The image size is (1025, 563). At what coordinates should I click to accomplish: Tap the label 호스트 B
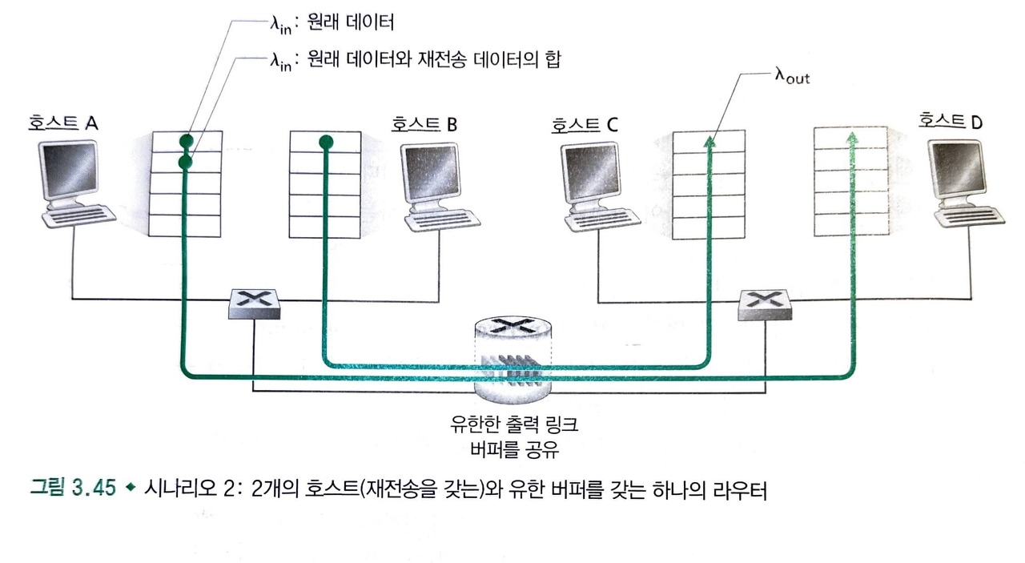coord(424,124)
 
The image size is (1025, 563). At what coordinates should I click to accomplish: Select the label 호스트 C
coord(584,125)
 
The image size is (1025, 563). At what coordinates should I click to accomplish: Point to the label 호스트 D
coord(951,120)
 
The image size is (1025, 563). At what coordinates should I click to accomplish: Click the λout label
coord(792,77)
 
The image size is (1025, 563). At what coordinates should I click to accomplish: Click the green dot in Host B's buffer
coord(324,143)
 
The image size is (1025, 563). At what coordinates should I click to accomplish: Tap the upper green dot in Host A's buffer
coord(185,140)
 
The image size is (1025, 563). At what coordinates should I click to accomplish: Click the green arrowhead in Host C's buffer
coord(709,142)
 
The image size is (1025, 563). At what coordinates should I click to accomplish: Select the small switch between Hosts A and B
coord(254,304)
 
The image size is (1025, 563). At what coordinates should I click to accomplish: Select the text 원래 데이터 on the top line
coord(352,22)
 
